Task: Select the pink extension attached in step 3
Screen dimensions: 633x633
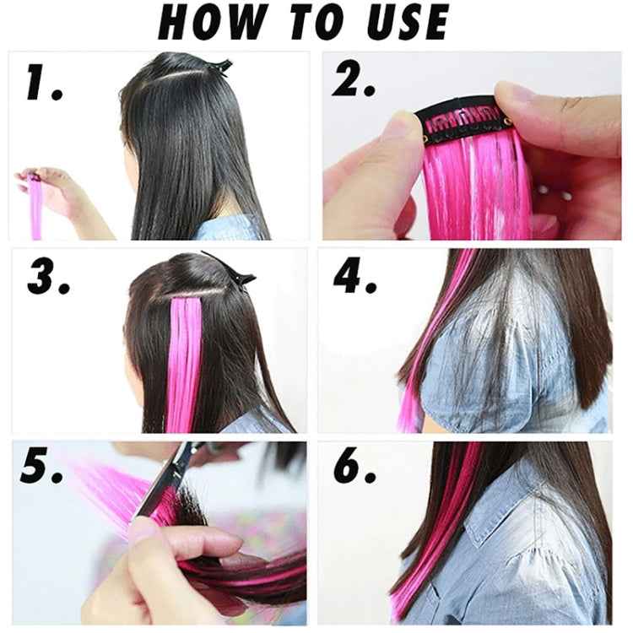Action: [x=183, y=354]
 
